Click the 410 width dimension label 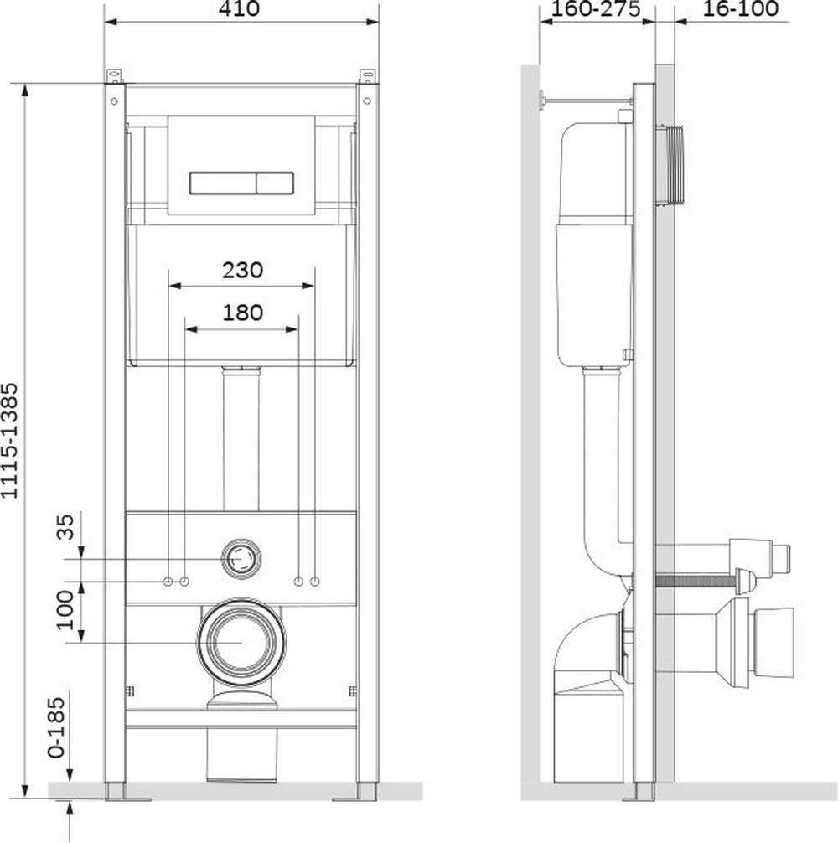pos(239,8)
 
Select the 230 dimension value pos(242,270)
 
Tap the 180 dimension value pos(242,313)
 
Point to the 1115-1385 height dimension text pos(10,440)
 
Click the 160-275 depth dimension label pos(596,8)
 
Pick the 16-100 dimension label pos(740,8)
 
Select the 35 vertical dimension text pos(65,527)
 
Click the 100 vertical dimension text pos(65,610)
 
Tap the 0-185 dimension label pos(56,727)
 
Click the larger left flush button pos(223,184)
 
